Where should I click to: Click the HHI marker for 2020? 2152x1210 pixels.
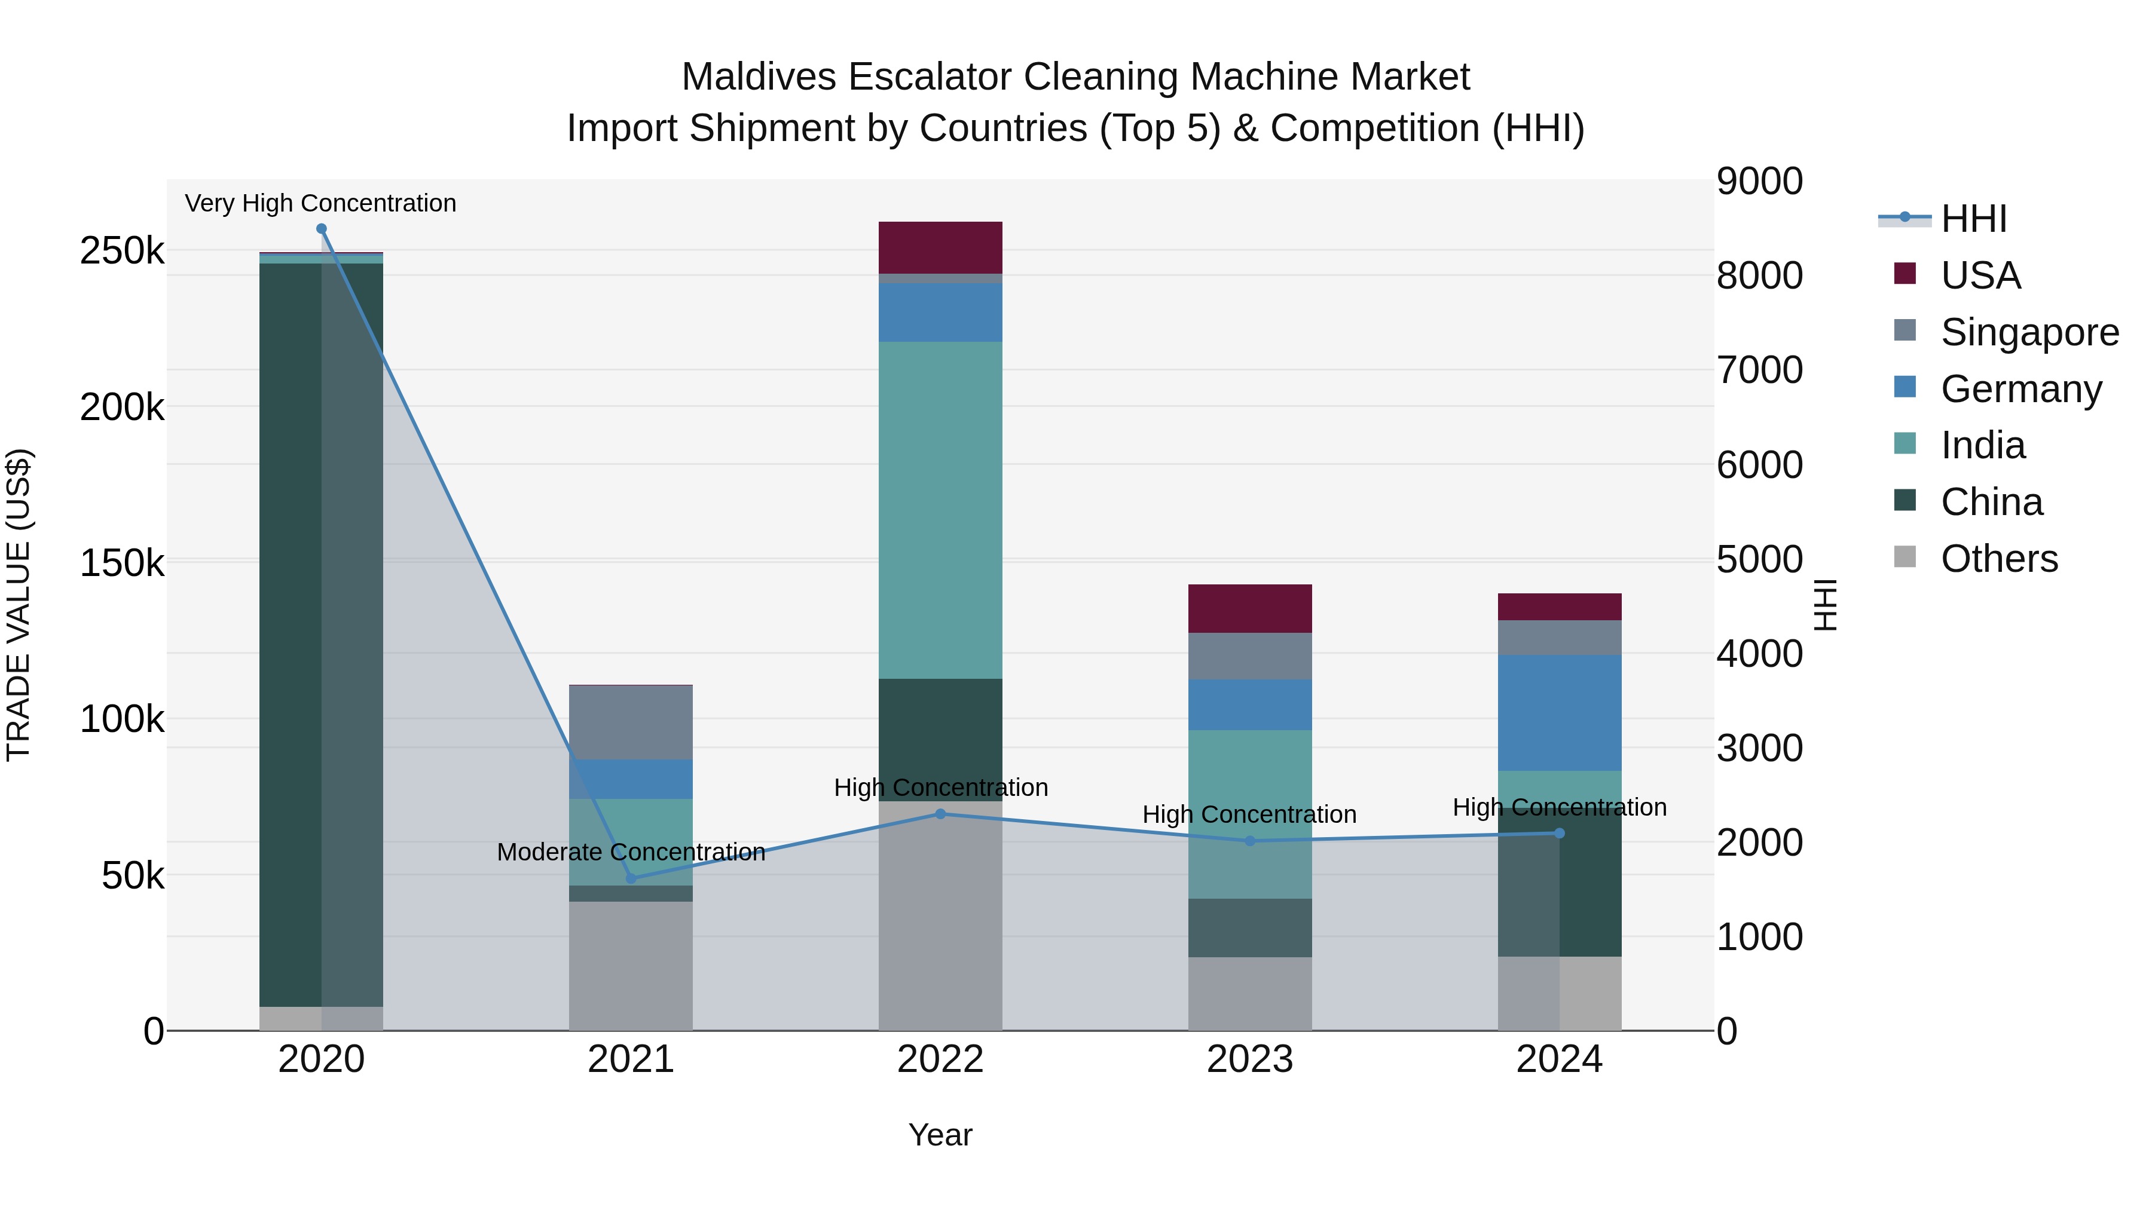pyautogui.click(x=322, y=229)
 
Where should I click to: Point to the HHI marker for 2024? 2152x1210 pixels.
pyautogui.click(x=1559, y=834)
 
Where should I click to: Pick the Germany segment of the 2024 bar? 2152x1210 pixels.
pyautogui.click(x=1559, y=712)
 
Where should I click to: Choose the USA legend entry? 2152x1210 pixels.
pyautogui.click(x=1980, y=275)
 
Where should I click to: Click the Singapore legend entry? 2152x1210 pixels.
pyautogui.click(x=2029, y=332)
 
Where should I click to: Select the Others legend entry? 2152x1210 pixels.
pyautogui.click(x=1998, y=559)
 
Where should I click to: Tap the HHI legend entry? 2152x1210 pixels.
pyautogui.click(x=1973, y=219)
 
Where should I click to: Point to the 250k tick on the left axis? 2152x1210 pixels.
pyautogui.click(x=122, y=250)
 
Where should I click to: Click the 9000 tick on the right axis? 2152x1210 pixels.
pyautogui.click(x=1759, y=181)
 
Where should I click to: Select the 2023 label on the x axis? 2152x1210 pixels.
pyautogui.click(x=1250, y=1059)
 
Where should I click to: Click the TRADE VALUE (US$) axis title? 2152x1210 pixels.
pyautogui.click(x=19, y=605)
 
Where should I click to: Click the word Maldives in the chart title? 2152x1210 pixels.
pyautogui.click(x=759, y=77)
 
